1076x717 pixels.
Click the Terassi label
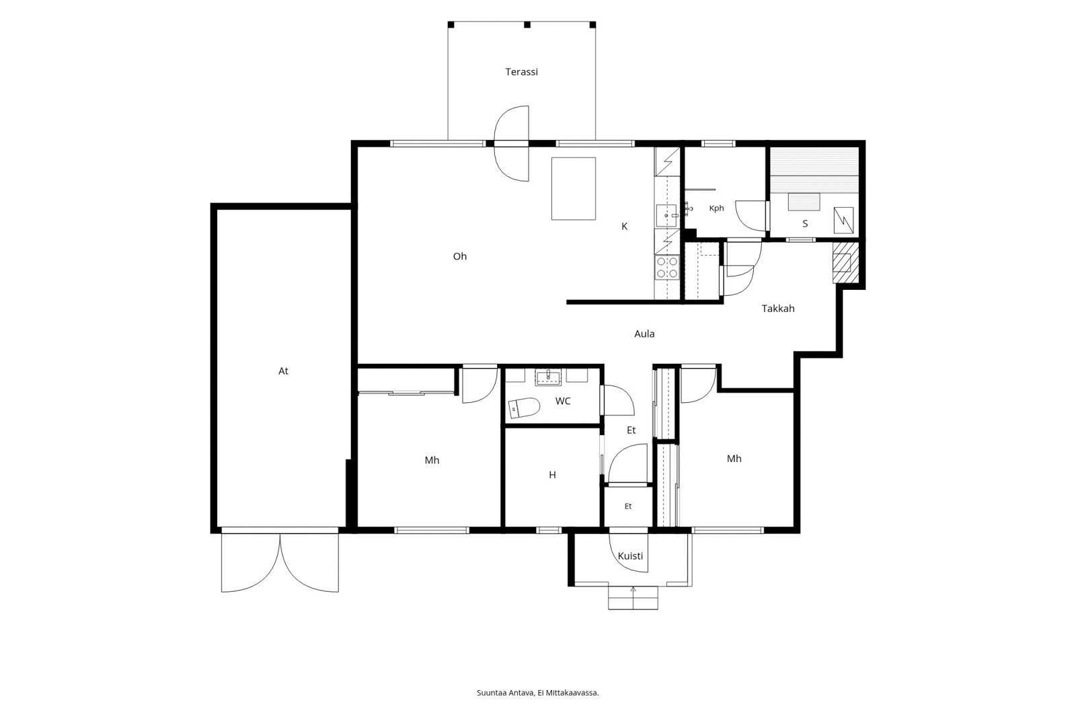(521, 72)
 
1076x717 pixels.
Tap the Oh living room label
(460, 257)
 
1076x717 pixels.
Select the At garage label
(283, 371)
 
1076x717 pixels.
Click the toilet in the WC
(524, 408)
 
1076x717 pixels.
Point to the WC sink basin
(548, 377)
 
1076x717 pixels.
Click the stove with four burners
(667, 268)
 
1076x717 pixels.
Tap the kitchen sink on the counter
(667, 216)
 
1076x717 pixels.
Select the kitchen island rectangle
(574, 188)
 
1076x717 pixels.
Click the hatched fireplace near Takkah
(845, 262)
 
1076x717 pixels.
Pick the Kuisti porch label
(630, 556)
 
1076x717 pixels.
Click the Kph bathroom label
(716, 209)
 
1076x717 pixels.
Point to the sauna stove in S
(843, 220)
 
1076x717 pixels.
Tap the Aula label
(644, 334)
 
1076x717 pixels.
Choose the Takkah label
(778, 309)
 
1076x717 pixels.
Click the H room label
(552, 476)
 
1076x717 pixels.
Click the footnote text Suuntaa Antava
(505, 693)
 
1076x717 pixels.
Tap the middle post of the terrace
(527, 24)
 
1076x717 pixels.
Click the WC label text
(563, 402)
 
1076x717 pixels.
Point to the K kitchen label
(625, 227)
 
